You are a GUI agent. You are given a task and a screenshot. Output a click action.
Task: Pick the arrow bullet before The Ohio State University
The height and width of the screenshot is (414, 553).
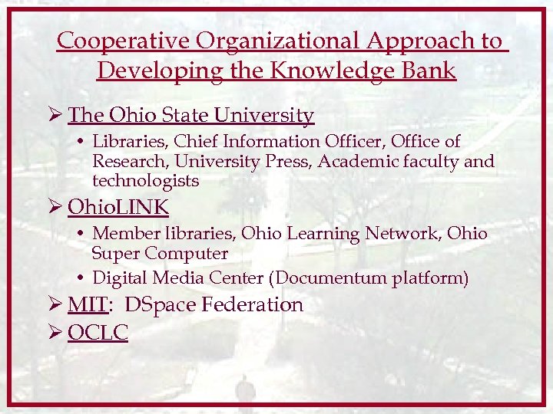point(55,116)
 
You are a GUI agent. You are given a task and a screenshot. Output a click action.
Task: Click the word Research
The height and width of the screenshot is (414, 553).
point(125,162)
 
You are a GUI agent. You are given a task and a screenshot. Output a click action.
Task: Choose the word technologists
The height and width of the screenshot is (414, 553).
point(145,182)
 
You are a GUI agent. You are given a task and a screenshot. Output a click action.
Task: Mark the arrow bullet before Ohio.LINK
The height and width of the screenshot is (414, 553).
point(55,207)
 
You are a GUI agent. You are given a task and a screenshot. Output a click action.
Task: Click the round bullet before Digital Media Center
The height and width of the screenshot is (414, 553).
point(81,278)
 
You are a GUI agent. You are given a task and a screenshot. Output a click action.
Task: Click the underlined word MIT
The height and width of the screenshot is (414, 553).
point(86,305)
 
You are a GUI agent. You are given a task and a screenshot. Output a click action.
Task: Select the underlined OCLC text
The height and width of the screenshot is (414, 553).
point(98,333)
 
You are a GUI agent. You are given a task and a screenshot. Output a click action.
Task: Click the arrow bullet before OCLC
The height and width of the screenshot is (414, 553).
point(55,333)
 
